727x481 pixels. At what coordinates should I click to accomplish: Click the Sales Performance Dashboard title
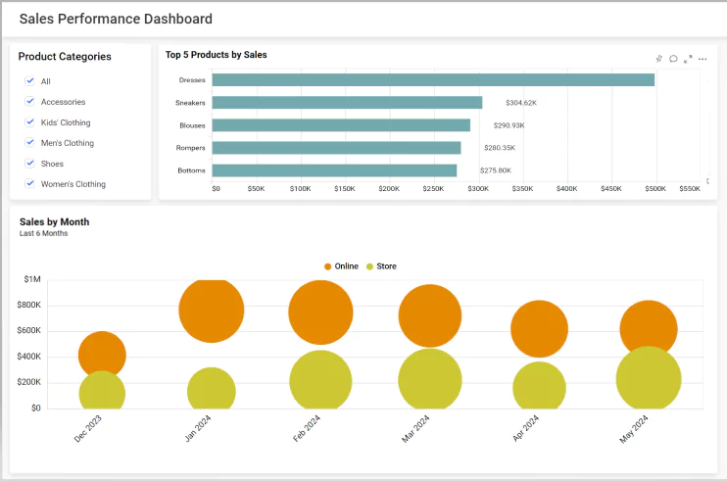[116, 19]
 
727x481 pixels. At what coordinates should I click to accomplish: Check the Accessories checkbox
[30, 102]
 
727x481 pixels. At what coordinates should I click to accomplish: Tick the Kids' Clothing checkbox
[30, 122]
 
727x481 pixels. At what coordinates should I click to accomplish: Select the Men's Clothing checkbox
[30, 143]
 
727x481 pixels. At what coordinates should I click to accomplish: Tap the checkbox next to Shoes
[30, 164]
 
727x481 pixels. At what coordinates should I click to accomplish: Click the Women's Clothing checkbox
[30, 184]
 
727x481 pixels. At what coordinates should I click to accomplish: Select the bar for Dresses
[432, 80]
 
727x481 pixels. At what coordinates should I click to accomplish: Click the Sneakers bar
[347, 103]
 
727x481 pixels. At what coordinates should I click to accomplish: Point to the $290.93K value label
[509, 125]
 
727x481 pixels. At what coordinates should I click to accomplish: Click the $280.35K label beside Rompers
[499, 148]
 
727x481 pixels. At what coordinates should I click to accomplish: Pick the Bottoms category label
[191, 170]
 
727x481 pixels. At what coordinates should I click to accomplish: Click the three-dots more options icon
[703, 59]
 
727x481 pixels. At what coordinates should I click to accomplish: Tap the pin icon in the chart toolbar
[659, 59]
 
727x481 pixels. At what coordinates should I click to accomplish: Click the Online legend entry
[341, 266]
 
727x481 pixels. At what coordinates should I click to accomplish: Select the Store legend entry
[381, 266]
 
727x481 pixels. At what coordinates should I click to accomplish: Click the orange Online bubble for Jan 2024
[211, 309]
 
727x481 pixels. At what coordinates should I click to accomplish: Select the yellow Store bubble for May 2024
[649, 379]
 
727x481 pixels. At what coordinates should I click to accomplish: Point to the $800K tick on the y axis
[28, 305]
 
